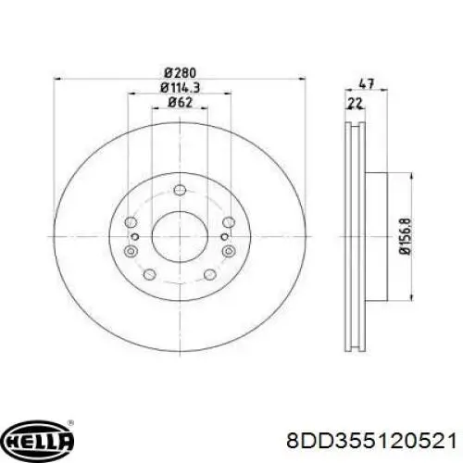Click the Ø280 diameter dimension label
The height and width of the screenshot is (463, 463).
[180, 73]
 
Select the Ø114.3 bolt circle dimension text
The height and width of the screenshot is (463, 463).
[180, 88]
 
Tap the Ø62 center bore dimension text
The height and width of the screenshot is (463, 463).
[180, 103]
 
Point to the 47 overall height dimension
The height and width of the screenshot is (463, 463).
[367, 83]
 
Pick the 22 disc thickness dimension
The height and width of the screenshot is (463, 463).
[355, 104]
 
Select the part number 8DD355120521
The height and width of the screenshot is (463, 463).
[371, 440]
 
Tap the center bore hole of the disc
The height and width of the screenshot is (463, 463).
[180, 236]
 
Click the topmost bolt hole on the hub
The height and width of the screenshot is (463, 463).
[180, 190]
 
